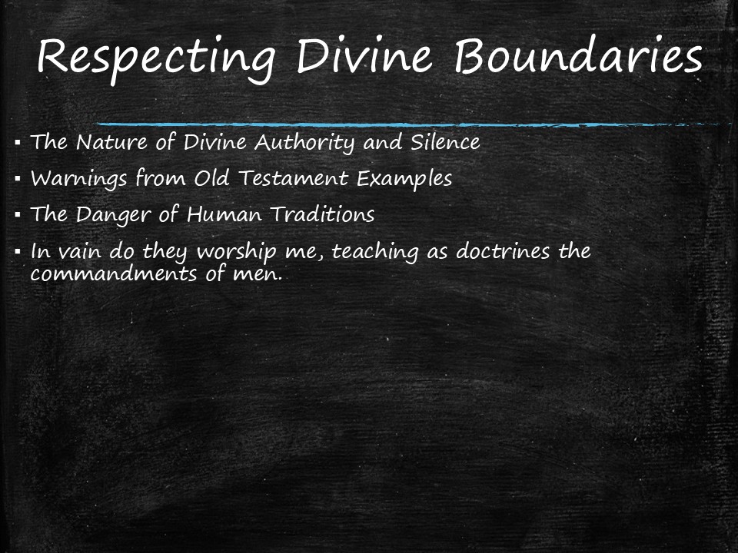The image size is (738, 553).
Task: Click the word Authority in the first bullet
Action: [x=307, y=143]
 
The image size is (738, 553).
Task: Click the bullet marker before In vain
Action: [x=17, y=251]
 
